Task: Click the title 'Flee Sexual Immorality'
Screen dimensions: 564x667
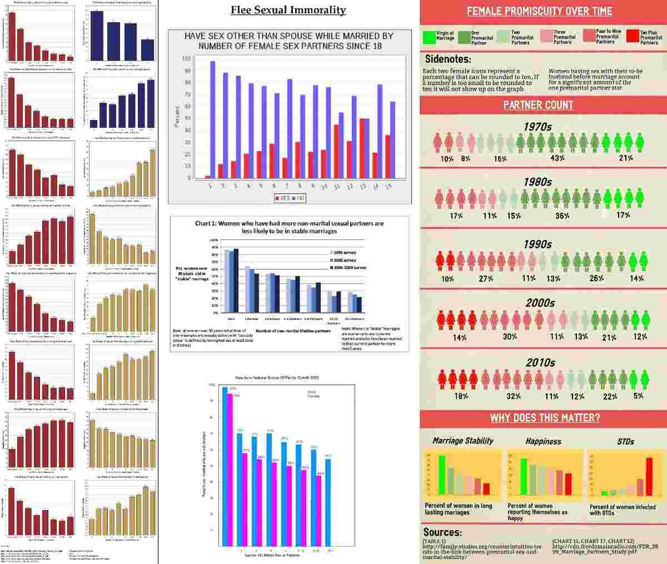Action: (288, 10)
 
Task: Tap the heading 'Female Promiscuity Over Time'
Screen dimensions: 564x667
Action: (539, 11)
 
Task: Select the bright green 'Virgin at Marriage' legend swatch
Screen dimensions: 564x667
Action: (429, 37)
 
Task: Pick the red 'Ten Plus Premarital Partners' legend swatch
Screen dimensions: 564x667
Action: (632, 37)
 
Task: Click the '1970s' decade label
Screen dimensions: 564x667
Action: (537, 127)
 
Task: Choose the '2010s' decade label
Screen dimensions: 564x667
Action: (540, 363)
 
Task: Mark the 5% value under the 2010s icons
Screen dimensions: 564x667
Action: (638, 396)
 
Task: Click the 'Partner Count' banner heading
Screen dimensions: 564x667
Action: (538, 105)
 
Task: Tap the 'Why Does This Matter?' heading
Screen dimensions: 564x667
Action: (545, 418)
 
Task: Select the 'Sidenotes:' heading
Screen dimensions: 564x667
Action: (448, 59)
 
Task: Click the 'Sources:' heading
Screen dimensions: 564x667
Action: (442, 532)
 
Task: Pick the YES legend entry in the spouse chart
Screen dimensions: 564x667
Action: (282, 198)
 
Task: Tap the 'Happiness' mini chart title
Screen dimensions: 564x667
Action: (543, 441)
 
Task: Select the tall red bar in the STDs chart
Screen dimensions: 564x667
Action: (649, 476)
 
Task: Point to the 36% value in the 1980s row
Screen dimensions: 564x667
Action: (562, 216)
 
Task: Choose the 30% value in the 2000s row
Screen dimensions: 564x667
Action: (510, 336)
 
